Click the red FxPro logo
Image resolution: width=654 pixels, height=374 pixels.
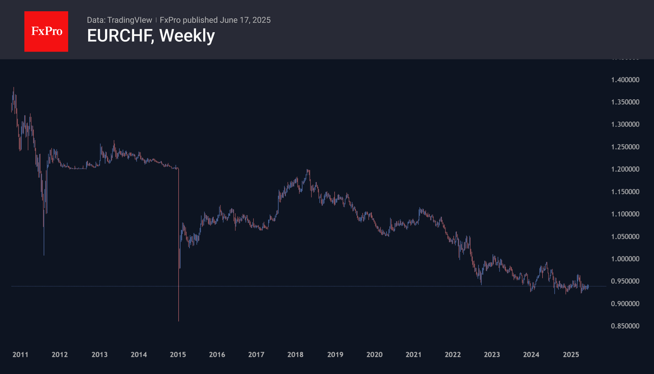click(46, 31)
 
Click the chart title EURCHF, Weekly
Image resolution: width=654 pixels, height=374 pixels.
click(151, 36)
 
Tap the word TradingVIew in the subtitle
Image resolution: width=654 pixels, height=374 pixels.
click(129, 20)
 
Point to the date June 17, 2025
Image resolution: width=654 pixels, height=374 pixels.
click(245, 20)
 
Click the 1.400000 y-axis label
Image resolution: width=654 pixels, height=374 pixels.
click(625, 80)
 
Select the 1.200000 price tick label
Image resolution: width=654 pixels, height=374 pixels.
click(625, 169)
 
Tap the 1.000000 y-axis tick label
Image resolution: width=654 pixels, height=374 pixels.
click(625, 259)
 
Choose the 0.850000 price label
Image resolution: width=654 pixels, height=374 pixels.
click(625, 326)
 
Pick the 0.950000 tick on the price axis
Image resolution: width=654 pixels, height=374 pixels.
click(625, 281)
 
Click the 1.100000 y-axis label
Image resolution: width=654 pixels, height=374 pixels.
click(625, 214)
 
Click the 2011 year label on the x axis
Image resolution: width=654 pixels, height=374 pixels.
click(20, 355)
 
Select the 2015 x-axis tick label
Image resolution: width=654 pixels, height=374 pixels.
click(178, 355)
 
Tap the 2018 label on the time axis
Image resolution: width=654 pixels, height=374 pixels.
click(295, 355)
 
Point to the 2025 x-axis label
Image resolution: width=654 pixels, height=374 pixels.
click(571, 355)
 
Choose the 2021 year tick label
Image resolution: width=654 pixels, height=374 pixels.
click(413, 355)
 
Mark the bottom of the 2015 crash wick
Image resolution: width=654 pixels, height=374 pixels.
click(179, 321)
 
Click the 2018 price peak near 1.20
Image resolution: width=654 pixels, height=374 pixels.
click(308, 170)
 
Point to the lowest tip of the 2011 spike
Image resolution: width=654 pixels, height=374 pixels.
click(44, 255)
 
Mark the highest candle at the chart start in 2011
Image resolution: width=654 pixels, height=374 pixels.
click(13, 88)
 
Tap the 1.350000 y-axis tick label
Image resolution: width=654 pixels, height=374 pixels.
click(625, 102)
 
